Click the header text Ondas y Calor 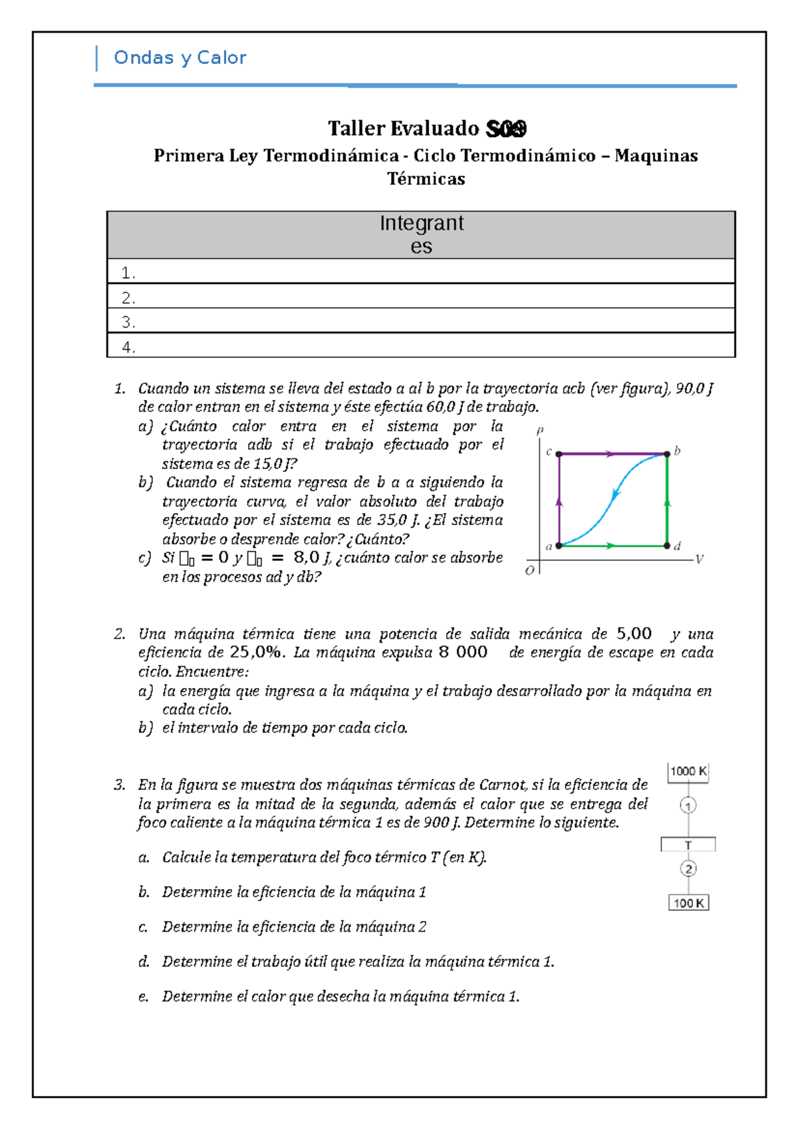click(x=180, y=58)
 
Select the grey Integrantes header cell click(x=421, y=234)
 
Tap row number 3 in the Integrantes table click(x=128, y=322)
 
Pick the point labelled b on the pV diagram click(x=667, y=454)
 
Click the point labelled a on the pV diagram click(x=559, y=546)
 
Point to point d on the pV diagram click(x=667, y=546)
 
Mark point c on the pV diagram click(x=559, y=454)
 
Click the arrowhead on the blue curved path click(x=616, y=494)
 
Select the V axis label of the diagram click(x=699, y=559)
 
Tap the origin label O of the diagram click(x=529, y=571)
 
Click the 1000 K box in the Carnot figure click(x=688, y=771)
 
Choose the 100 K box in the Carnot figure click(x=688, y=903)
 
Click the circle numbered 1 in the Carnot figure click(x=688, y=806)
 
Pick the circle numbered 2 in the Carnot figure click(x=688, y=868)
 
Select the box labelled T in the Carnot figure click(x=688, y=845)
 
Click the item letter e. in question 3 click(x=143, y=997)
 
